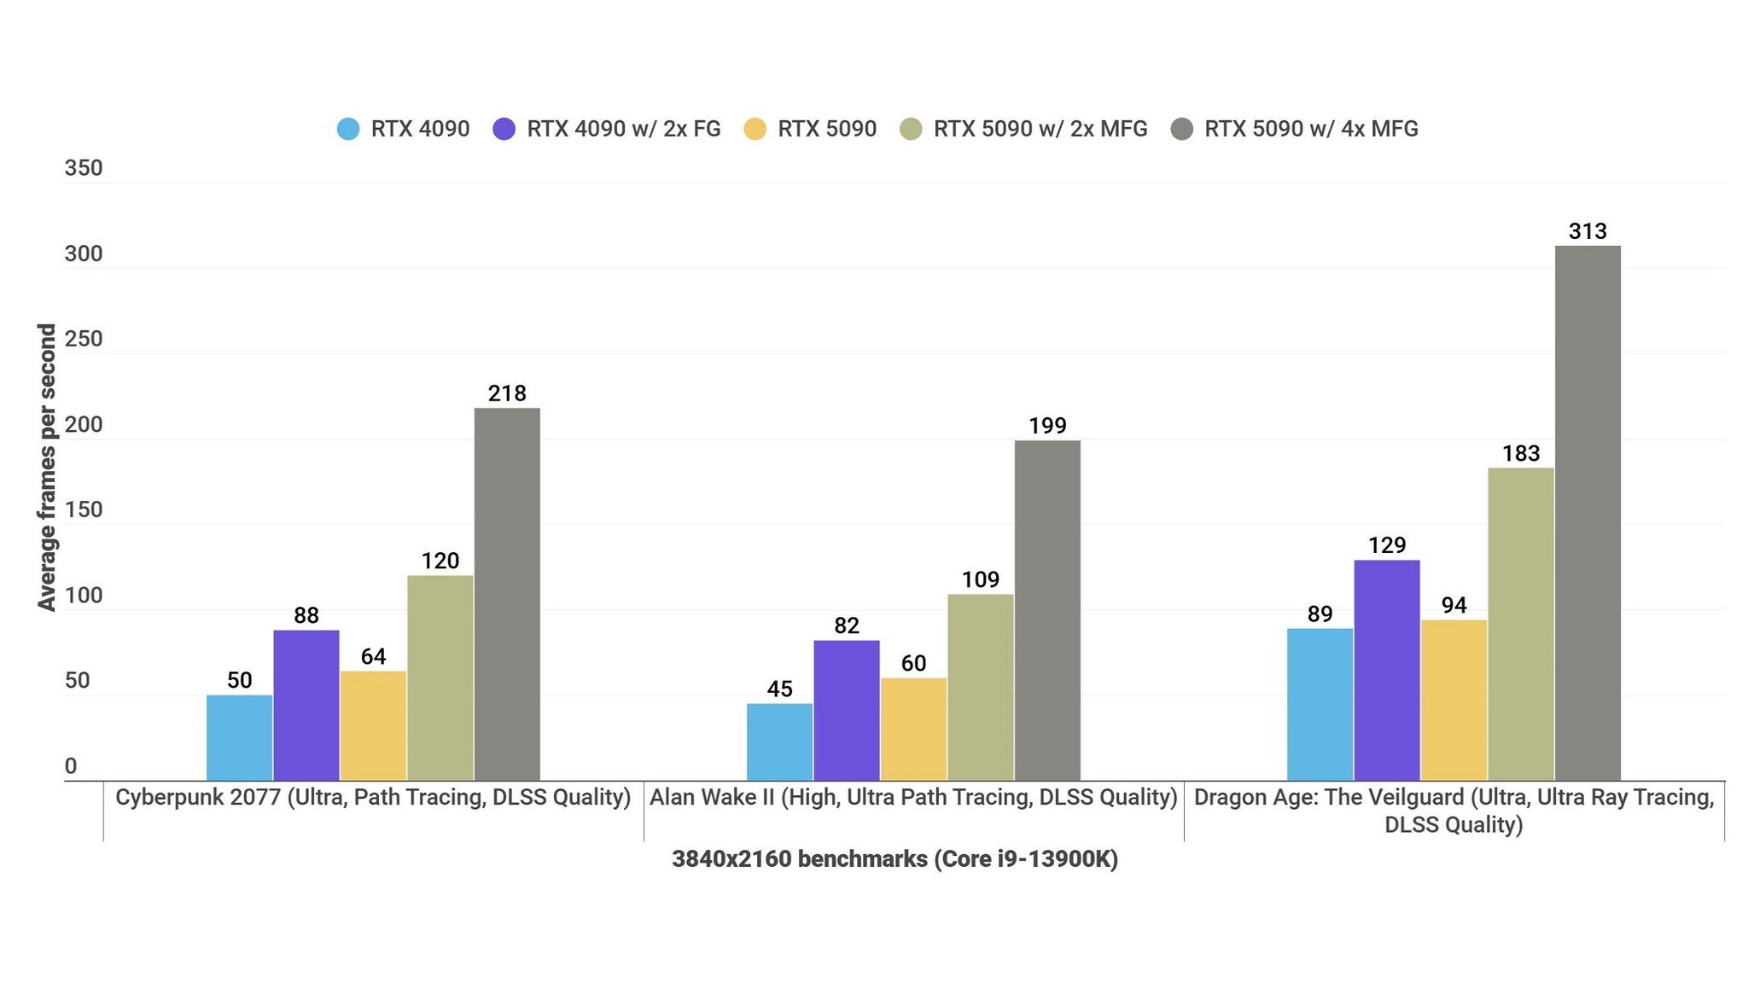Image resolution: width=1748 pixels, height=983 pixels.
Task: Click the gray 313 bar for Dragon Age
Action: (1588, 512)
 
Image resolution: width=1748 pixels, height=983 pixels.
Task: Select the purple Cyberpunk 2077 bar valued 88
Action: (306, 705)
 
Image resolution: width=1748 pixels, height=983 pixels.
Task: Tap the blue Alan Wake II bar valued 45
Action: (779, 742)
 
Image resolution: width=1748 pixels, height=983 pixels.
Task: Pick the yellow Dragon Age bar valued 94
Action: (1454, 700)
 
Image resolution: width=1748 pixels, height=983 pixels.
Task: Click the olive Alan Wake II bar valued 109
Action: (981, 687)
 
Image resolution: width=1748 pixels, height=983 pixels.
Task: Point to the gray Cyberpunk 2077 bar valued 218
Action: (507, 594)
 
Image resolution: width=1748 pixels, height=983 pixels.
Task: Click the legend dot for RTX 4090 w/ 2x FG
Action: (504, 129)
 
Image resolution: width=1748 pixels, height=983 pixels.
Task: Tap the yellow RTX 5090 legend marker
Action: (755, 129)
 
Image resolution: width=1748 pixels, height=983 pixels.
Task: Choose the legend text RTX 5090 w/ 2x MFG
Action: (1040, 129)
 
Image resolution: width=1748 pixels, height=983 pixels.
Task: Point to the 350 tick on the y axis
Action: (84, 168)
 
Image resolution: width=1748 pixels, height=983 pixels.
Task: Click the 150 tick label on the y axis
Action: (84, 509)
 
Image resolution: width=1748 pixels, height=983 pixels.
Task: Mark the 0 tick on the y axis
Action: (71, 765)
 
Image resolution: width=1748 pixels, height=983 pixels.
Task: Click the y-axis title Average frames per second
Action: (47, 467)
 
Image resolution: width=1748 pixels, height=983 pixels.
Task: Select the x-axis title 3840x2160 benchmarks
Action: (894, 858)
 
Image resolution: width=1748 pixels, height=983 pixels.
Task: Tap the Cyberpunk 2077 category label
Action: (373, 797)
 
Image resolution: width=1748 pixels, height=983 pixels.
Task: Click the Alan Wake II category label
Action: (913, 797)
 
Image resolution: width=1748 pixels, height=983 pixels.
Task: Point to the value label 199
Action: (1047, 426)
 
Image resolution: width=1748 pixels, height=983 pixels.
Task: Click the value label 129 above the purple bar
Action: (1387, 545)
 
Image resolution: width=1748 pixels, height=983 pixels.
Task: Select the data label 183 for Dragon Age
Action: (1521, 453)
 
